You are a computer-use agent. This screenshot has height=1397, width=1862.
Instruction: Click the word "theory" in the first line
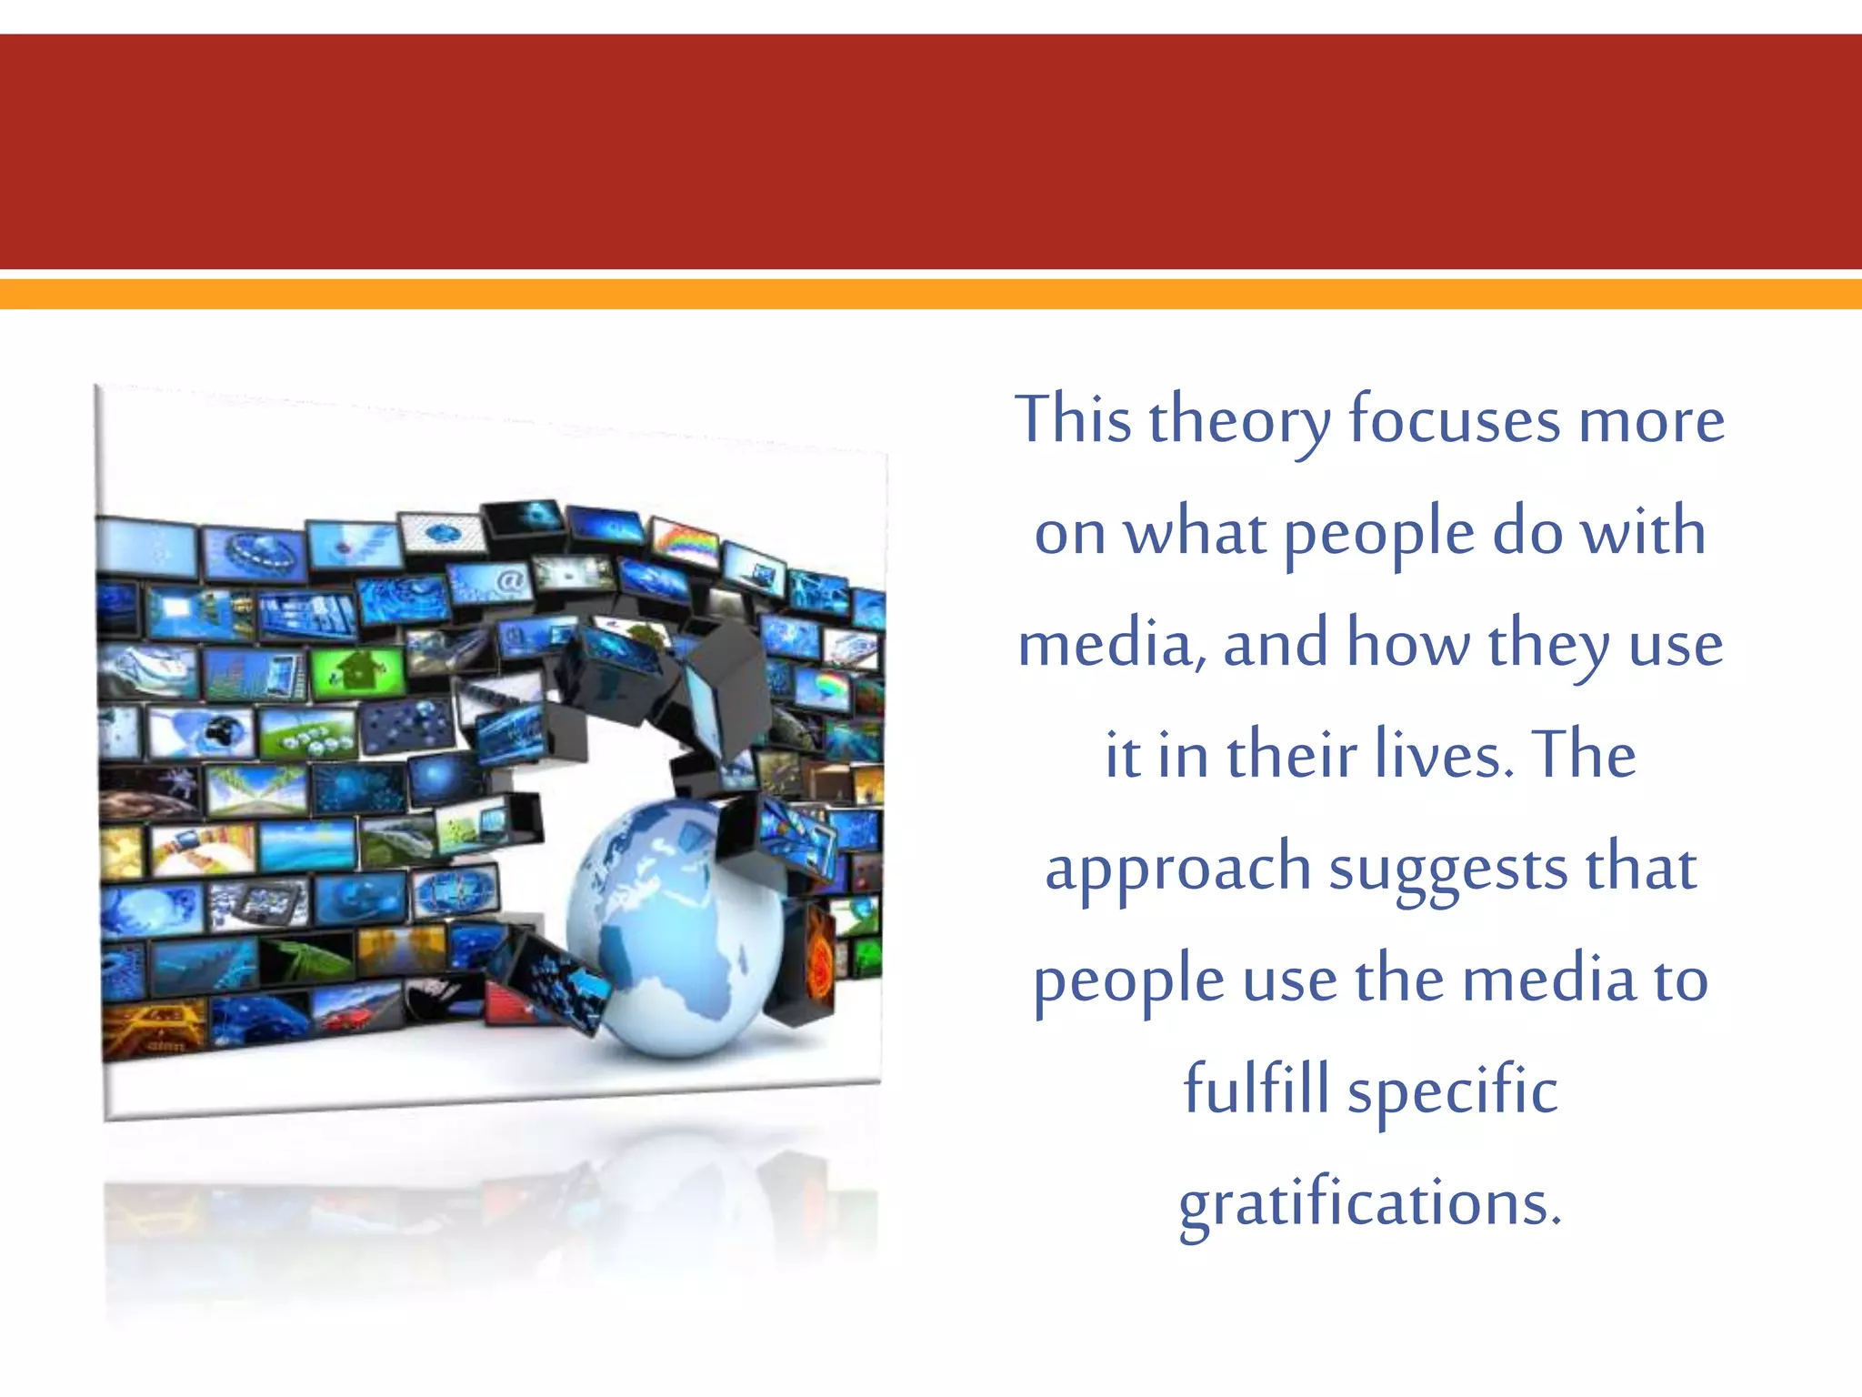1239,422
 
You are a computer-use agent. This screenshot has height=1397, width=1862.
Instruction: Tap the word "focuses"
1453,420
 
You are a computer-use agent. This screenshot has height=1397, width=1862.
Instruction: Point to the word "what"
1195,533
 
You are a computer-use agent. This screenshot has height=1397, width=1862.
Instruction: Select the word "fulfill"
1256,1090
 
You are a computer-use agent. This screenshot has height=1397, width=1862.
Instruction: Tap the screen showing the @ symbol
491,582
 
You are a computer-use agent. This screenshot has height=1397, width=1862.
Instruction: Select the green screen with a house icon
357,671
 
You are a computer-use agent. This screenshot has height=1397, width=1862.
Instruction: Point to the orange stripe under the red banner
931,294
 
